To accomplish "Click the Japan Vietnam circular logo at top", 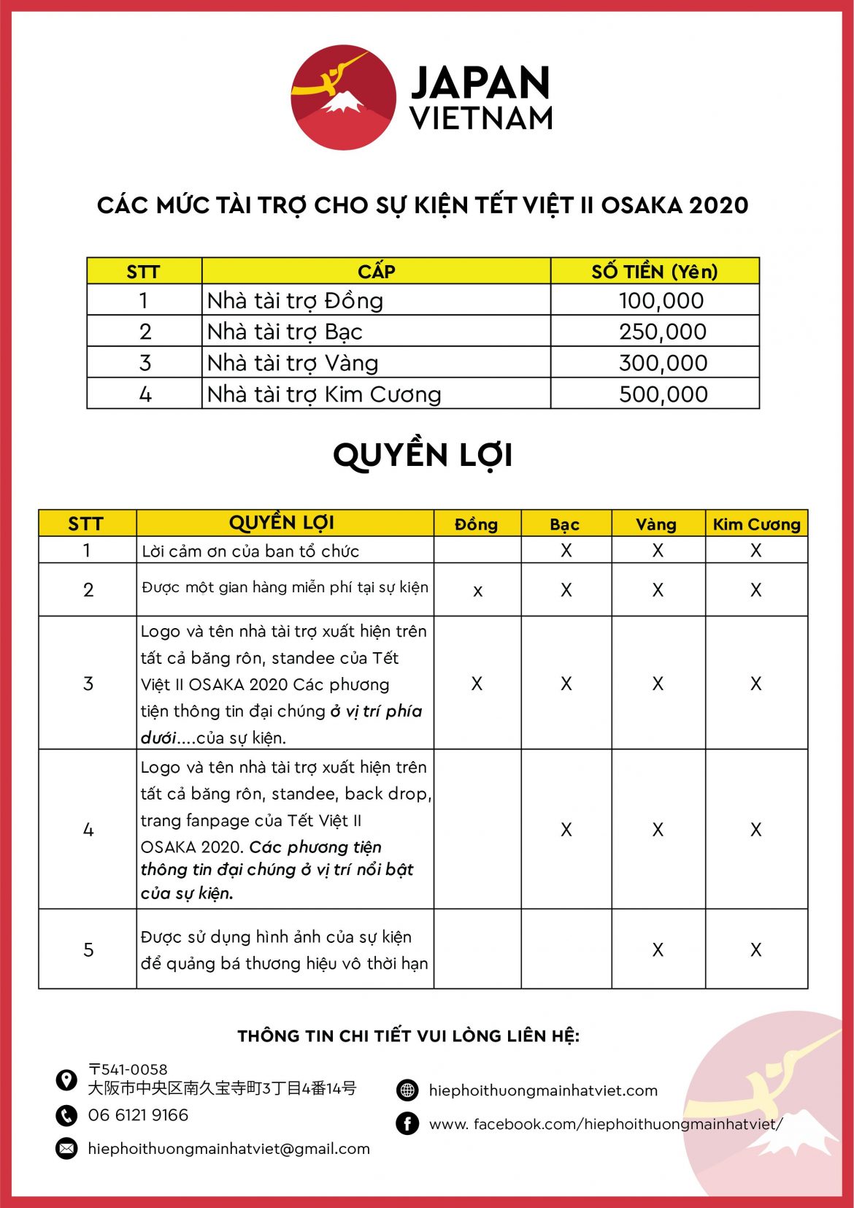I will pyautogui.click(x=343, y=98).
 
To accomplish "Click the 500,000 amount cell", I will pyautogui.click(x=662, y=394).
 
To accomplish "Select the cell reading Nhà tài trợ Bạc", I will pyautogui.click(x=285, y=332).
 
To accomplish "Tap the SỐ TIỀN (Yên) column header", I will pyautogui.click(x=655, y=272).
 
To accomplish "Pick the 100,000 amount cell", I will pyautogui.click(x=661, y=301).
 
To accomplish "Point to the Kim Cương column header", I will pyautogui.click(x=756, y=524).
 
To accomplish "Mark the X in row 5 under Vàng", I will pyautogui.click(x=658, y=949).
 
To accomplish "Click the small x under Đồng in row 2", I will pyautogui.click(x=477, y=591).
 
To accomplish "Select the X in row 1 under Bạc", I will pyautogui.click(x=566, y=551).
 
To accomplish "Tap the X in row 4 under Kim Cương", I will pyautogui.click(x=755, y=830).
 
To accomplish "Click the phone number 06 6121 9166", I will pyautogui.click(x=138, y=1115).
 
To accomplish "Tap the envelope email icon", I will pyautogui.click(x=66, y=1149).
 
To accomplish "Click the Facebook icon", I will pyautogui.click(x=407, y=1123).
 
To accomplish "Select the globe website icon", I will pyautogui.click(x=407, y=1090).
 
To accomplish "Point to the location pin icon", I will pyautogui.click(x=66, y=1079).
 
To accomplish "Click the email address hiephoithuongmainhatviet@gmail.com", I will pyautogui.click(x=228, y=1149).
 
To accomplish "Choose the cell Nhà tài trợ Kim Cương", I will pyautogui.click(x=324, y=394).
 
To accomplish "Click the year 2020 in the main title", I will pyautogui.click(x=718, y=205).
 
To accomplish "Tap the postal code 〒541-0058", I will pyautogui.click(x=128, y=1069).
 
